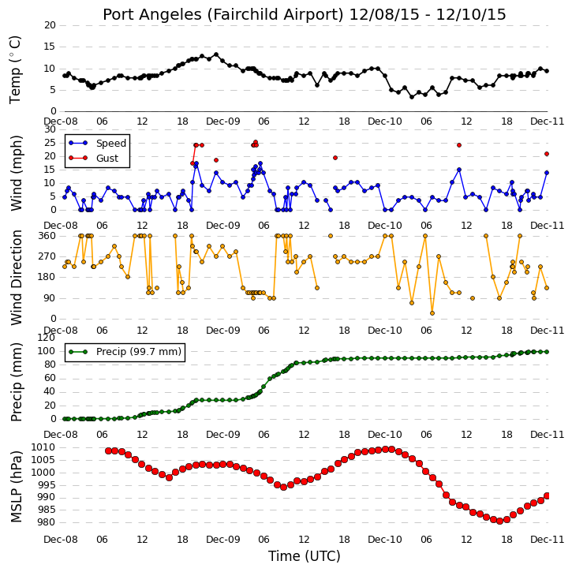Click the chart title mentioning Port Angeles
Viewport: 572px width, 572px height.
tap(305, 14)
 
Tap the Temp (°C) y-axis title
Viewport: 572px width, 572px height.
tap(15, 69)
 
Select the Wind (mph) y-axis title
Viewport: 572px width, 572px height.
tap(16, 173)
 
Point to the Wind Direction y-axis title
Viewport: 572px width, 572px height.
tap(16, 277)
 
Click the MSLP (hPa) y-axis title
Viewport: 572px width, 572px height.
tap(16, 486)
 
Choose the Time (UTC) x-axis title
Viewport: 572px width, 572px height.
tap(305, 556)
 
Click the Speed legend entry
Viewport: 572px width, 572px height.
tap(97, 143)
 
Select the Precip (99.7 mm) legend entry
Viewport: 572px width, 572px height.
tap(125, 352)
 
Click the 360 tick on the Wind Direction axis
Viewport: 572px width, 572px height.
tap(47, 236)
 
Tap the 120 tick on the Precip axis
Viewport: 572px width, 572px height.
tap(47, 338)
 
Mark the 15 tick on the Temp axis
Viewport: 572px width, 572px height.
tap(50, 47)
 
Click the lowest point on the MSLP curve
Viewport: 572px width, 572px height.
tap(499, 521)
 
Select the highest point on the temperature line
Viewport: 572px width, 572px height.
tap(216, 54)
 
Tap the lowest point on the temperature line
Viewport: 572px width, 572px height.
tap(412, 97)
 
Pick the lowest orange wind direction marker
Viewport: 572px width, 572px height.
tap(432, 313)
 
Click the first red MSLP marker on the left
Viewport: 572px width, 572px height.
tap(108, 450)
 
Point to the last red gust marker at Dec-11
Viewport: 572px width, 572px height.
tap(547, 154)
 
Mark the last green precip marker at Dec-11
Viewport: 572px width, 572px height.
tap(547, 352)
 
